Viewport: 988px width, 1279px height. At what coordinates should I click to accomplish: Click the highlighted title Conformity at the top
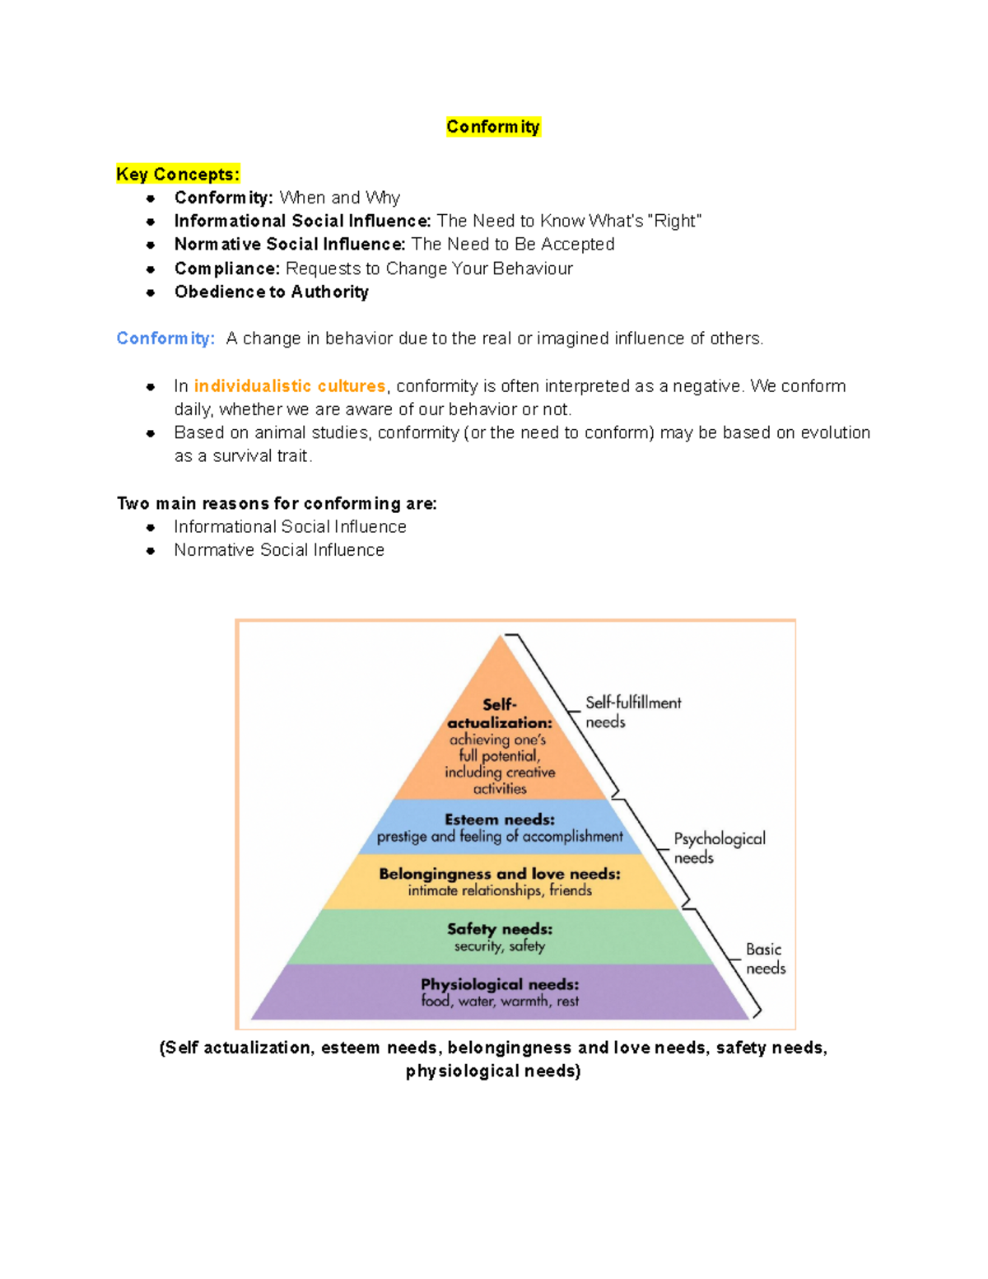tap(493, 127)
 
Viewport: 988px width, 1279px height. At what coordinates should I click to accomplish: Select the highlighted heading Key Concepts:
tap(178, 175)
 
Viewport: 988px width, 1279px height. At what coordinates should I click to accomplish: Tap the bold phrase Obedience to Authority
tap(271, 292)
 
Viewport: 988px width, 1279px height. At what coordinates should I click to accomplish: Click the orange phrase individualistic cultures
tap(290, 386)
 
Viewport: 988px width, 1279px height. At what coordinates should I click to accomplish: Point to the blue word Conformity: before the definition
tap(165, 338)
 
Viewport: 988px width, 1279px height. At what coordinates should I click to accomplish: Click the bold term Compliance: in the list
tap(227, 269)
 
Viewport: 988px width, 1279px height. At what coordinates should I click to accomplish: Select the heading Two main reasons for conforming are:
tap(277, 504)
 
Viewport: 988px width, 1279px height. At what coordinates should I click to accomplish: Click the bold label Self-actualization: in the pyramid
tap(500, 713)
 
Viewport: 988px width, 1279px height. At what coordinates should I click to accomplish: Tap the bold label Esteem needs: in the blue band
tap(500, 820)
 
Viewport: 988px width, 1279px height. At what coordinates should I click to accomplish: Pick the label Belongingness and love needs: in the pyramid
tap(500, 874)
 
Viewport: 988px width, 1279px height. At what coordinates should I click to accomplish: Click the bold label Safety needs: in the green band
tap(500, 929)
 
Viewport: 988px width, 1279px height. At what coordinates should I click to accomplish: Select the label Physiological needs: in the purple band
tap(500, 984)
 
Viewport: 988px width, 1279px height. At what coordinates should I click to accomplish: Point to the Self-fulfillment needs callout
tap(632, 712)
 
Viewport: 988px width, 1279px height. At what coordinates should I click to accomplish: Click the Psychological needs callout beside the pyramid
tap(719, 847)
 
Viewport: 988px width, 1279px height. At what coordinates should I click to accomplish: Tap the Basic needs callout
tap(765, 959)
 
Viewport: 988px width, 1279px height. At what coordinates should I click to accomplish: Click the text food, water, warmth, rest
tap(500, 1001)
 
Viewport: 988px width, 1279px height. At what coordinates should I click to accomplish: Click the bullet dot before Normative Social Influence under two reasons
tap(151, 551)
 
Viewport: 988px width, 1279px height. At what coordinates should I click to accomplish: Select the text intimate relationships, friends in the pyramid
tap(500, 891)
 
